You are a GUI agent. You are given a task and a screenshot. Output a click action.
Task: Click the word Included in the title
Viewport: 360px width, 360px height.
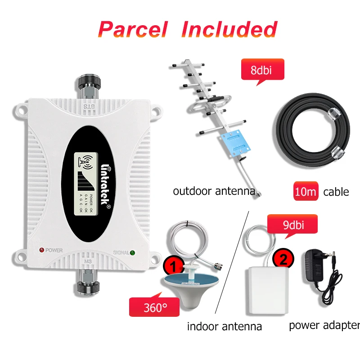229,29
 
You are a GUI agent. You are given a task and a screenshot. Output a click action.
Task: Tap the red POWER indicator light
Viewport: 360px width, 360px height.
41,250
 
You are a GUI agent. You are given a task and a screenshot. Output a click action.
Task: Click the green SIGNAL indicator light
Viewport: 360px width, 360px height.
133,252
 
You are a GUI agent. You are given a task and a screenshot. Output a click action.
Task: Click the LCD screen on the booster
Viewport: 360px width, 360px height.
85,182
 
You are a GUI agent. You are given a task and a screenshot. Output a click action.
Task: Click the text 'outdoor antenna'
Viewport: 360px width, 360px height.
214,191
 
